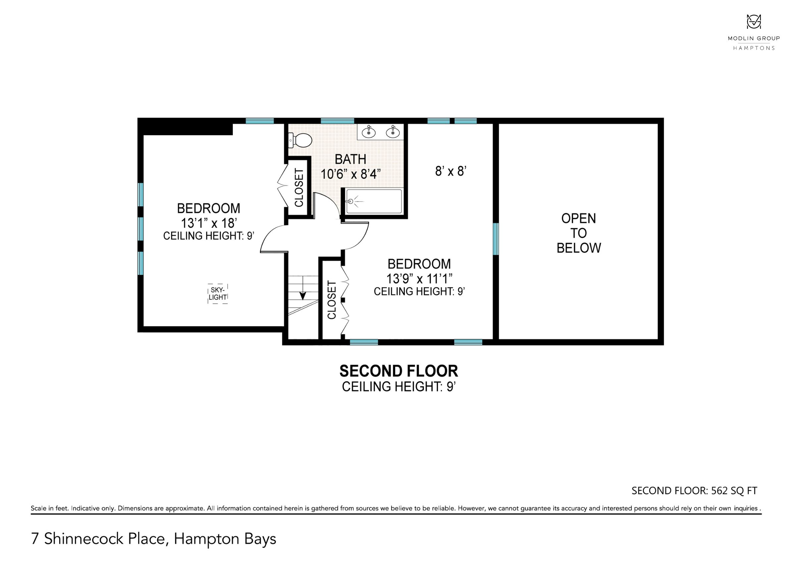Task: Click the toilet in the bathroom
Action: coord(300,140)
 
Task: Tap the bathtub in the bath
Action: coord(374,201)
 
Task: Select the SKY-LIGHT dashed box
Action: coord(217,294)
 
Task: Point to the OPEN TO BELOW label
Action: coord(579,233)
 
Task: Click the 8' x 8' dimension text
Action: coord(450,171)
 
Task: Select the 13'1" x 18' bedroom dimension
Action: coord(209,223)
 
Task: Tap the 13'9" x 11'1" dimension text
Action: coord(419,278)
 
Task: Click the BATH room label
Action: coord(350,159)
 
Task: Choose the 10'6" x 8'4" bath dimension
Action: coord(350,174)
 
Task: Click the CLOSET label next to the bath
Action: coord(299,187)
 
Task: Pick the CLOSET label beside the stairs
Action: coord(332,300)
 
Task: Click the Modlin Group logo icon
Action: coord(754,22)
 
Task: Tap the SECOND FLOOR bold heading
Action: coord(398,371)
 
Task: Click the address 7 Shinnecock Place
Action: coord(98,539)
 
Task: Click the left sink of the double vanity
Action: coord(369,132)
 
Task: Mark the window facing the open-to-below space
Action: coord(496,239)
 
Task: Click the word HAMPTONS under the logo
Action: coord(754,48)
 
